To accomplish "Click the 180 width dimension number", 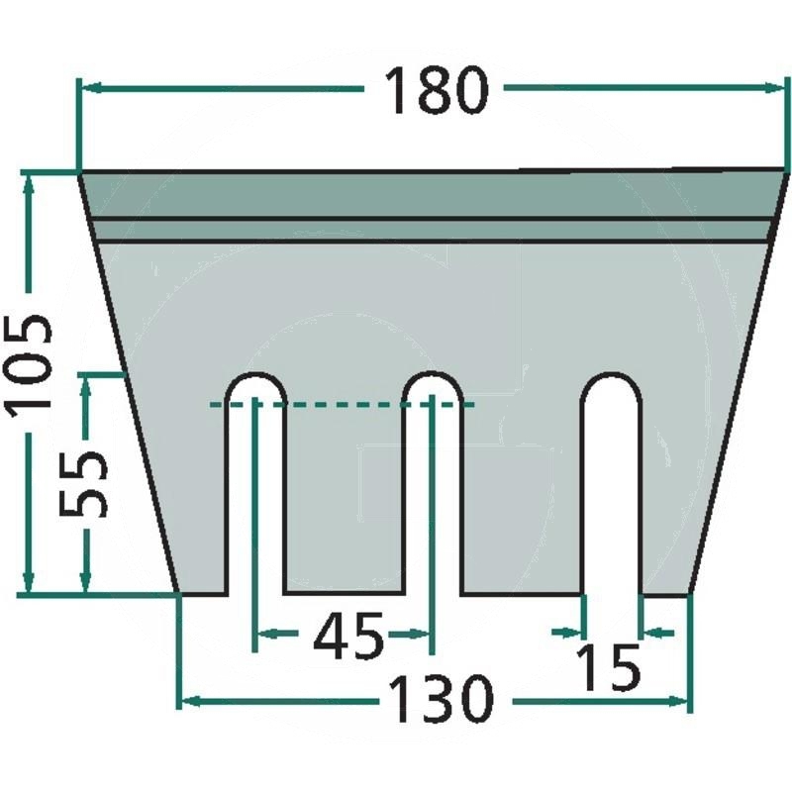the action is point(436,90).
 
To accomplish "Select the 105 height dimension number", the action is point(30,362).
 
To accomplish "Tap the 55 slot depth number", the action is point(83,484).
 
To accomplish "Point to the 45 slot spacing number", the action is point(347,635).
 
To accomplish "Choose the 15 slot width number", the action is point(608,666).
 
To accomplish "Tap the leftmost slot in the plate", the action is point(255,484).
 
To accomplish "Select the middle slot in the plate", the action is point(432,484).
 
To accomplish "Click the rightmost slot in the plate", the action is point(611,485).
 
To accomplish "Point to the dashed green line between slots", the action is point(342,405).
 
